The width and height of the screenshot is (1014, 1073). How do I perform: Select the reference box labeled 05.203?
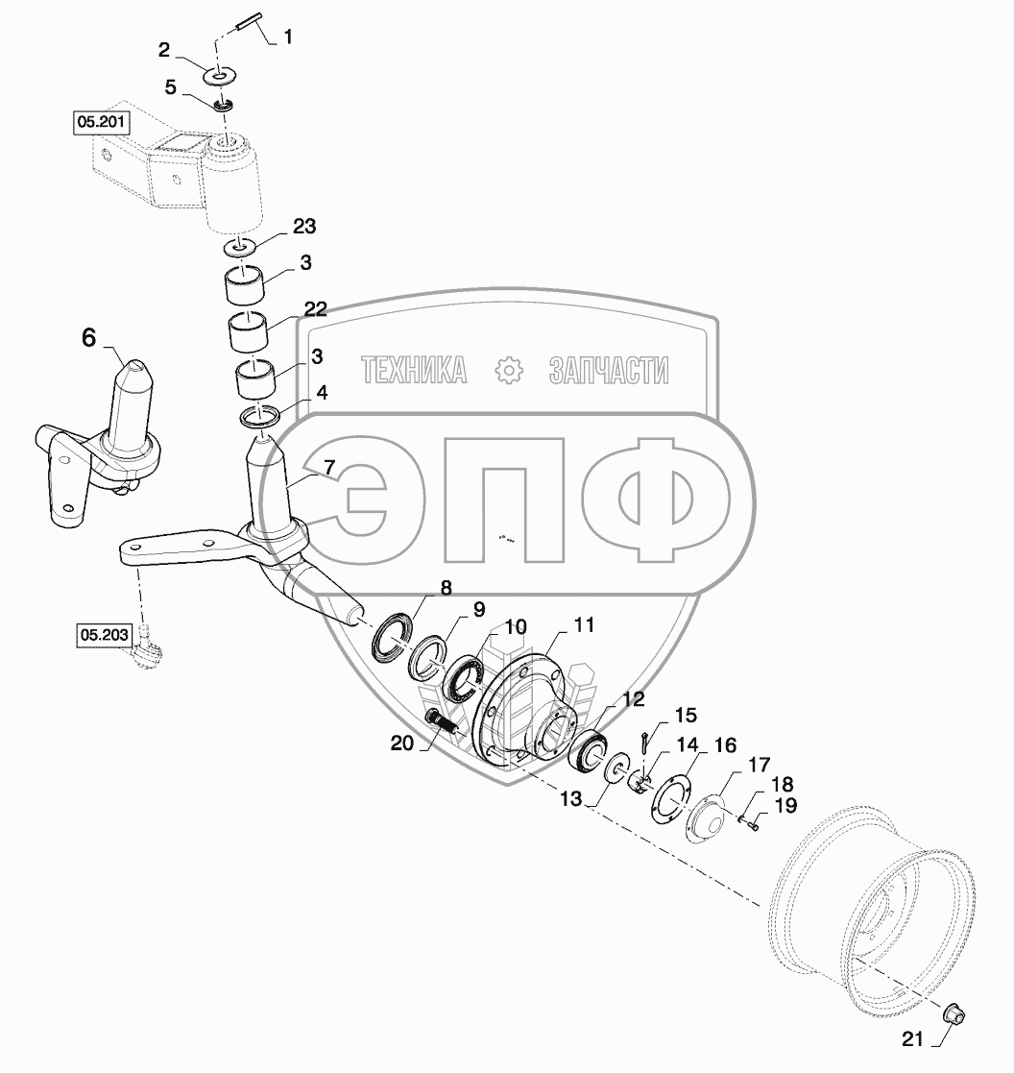pyautogui.click(x=103, y=634)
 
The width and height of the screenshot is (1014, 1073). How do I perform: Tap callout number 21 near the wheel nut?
pyautogui.click(x=914, y=1036)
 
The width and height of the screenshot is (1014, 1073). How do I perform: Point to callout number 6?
pyautogui.click(x=88, y=337)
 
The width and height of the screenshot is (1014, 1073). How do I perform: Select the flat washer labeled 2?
pyautogui.click(x=221, y=74)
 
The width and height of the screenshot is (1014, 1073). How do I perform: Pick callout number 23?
pyautogui.click(x=303, y=227)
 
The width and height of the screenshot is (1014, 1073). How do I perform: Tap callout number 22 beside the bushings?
pyautogui.click(x=315, y=309)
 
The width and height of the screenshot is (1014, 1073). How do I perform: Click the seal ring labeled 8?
pyautogui.click(x=393, y=637)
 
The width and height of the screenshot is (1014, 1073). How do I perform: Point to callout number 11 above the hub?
pyautogui.click(x=584, y=625)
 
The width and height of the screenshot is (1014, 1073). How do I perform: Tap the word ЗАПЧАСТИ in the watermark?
pyautogui.click(x=609, y=370)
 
